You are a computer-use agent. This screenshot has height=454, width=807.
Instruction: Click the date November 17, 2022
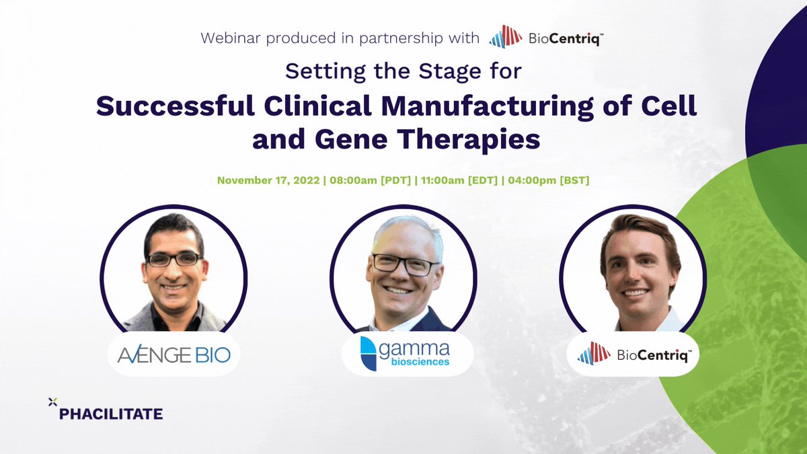(267, 182)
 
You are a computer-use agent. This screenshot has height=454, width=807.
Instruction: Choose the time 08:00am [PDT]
(368, 182)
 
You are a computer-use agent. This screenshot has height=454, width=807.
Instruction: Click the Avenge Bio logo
(174, 354)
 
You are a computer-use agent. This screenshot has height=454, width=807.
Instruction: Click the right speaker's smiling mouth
(638, 293)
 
